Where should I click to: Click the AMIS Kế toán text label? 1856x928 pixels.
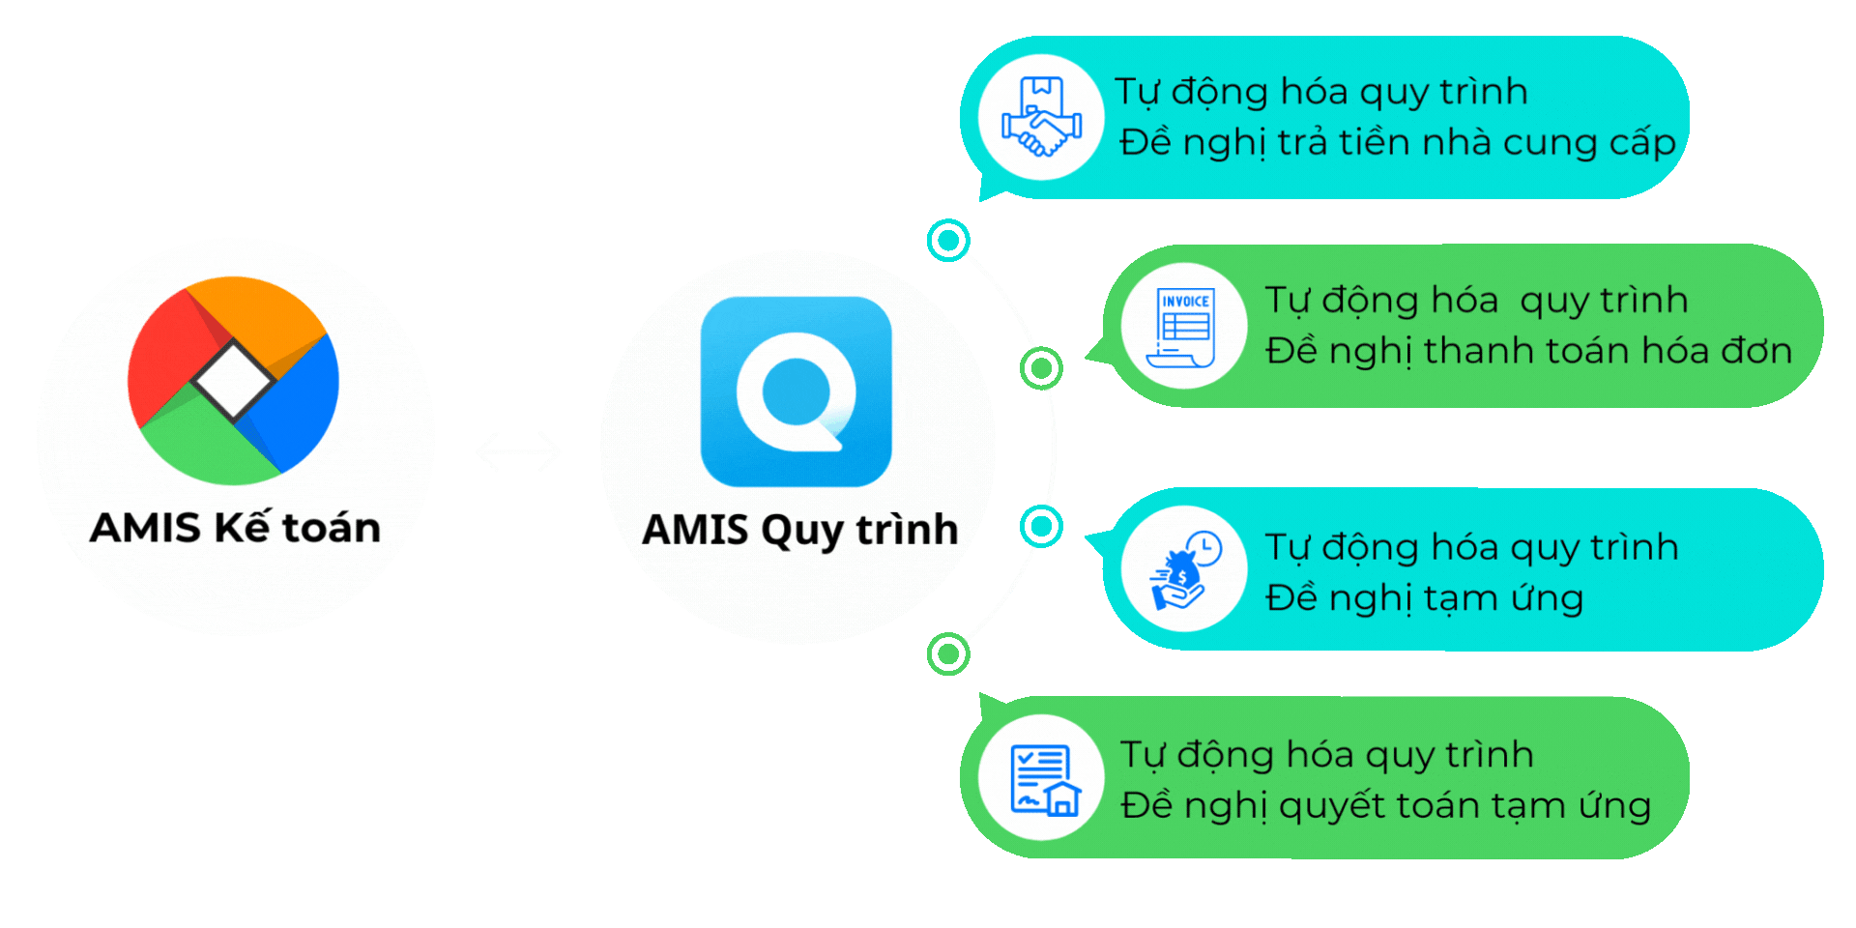coord(235,528)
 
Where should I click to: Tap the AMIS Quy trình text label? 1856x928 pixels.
coord(799,530)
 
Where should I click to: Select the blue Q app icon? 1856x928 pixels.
coord(796,391)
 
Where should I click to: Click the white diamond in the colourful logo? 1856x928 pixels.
coord(233,379)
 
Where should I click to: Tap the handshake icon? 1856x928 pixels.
coord(1041,118)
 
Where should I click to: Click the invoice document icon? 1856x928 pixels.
coord(1183,327)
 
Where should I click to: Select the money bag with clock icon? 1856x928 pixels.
coord(1183,570)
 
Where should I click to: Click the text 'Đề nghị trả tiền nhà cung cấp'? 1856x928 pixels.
coord(1397,143)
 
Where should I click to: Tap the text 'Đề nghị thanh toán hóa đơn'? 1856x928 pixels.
coord(1528,351)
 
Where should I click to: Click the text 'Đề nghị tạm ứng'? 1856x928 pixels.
coord(1424,598)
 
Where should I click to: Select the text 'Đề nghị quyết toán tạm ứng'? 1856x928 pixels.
coord(1385,805)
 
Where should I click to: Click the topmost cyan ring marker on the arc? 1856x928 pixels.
coord(948,240)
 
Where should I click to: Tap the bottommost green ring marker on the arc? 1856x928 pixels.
coord(948,654)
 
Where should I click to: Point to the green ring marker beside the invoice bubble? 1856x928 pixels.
coord(1041,368)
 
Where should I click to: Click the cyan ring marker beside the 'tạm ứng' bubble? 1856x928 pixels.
coord(1041,527)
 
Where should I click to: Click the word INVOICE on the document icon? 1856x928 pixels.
coord(1185,302)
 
